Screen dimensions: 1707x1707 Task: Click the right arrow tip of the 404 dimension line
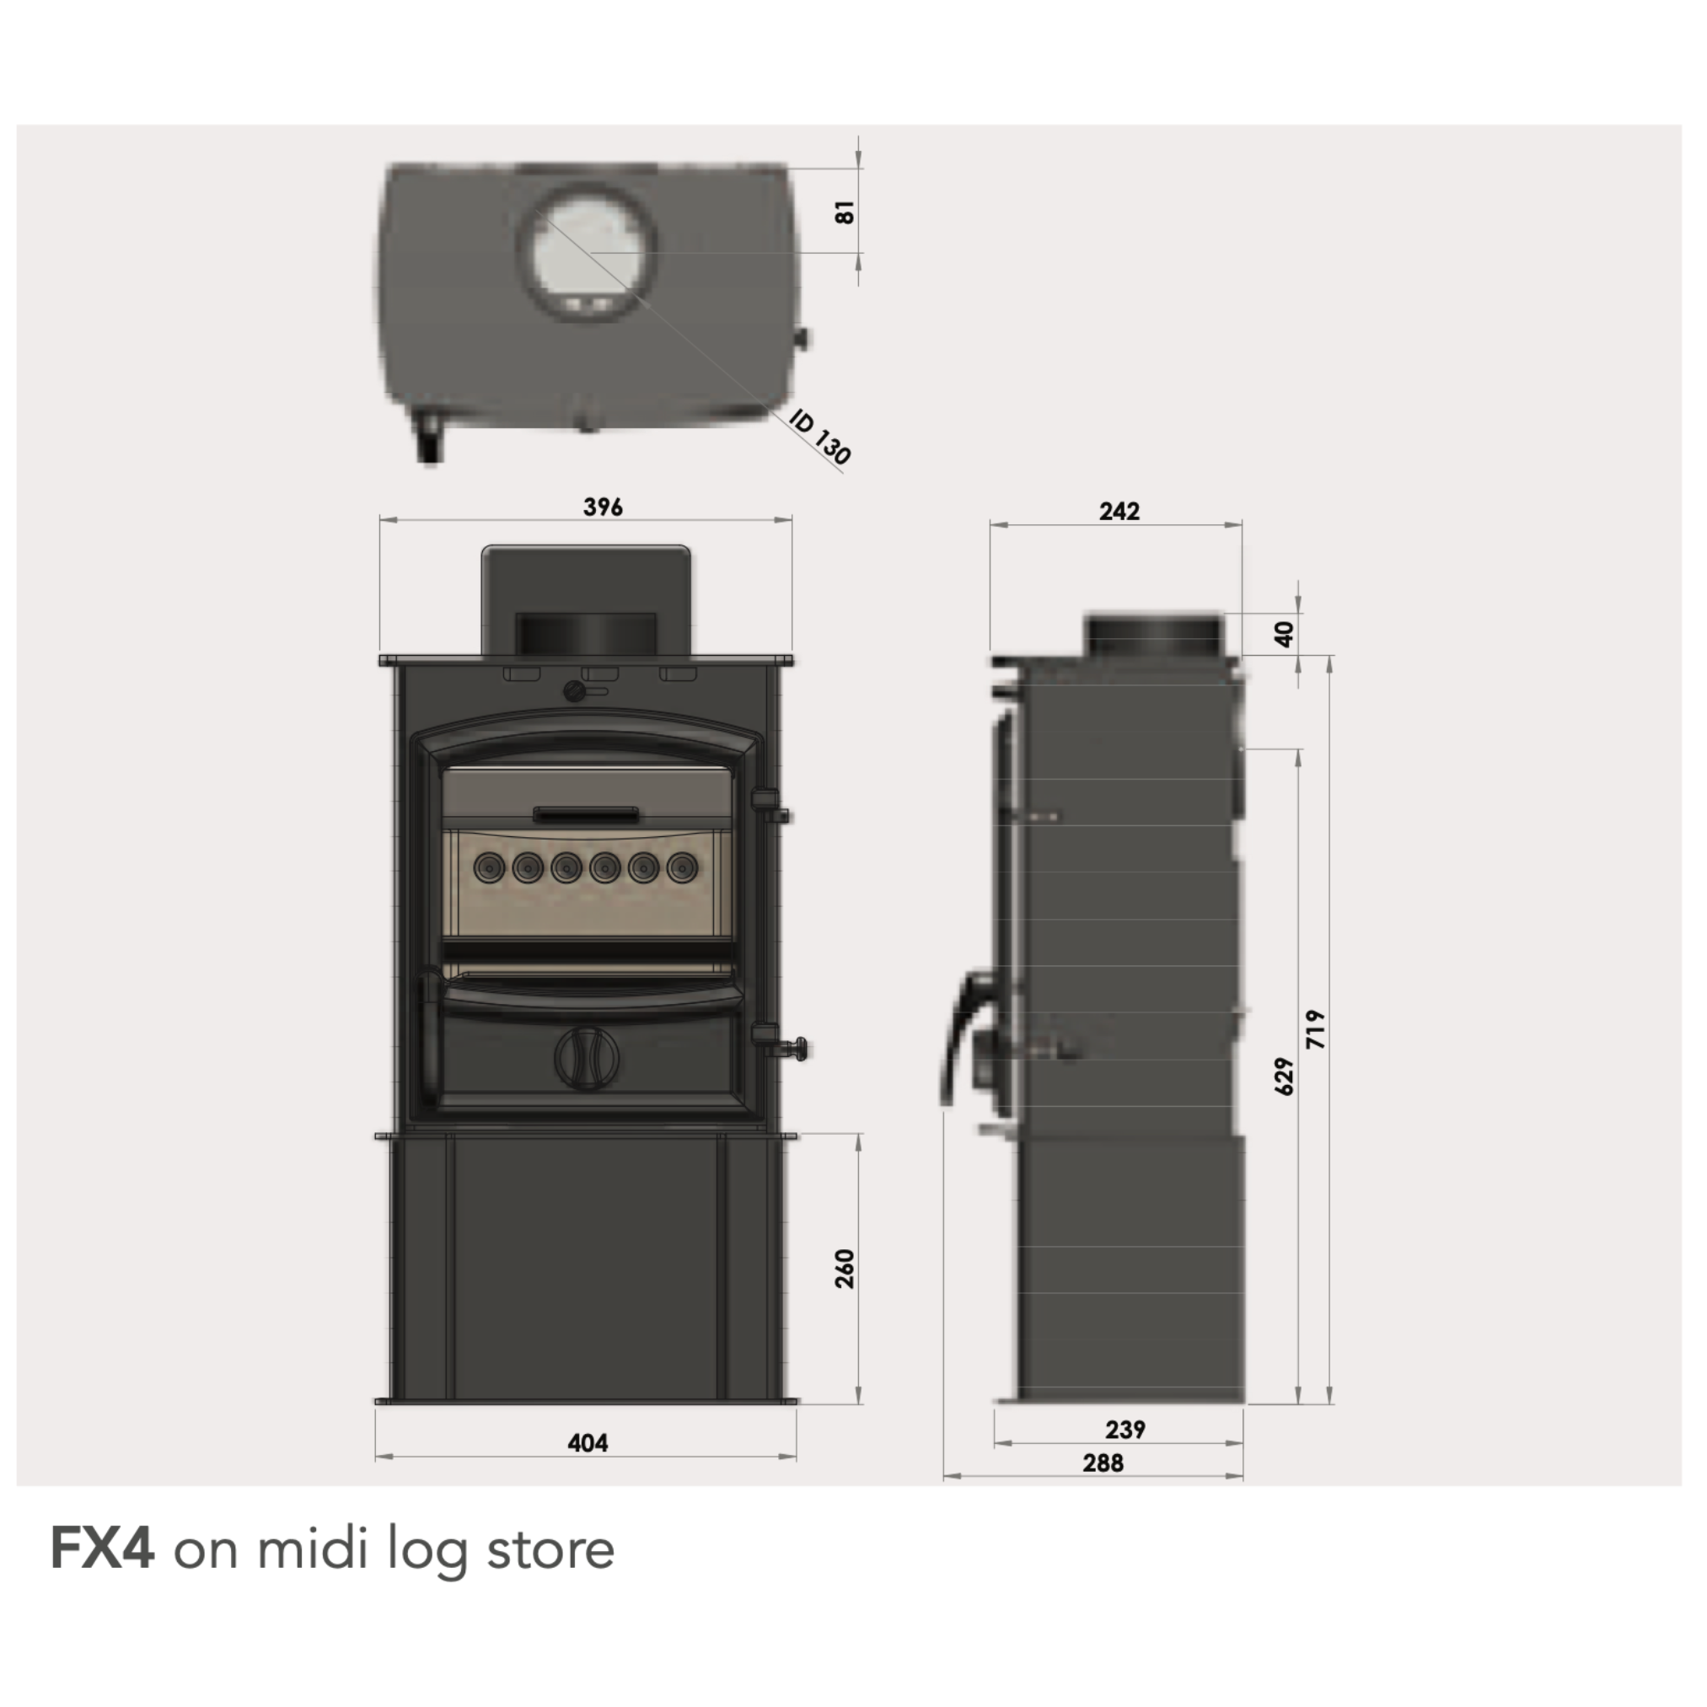click(x=796, y=1456)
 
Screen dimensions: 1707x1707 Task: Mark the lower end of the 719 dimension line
click(x=1330, y=1403)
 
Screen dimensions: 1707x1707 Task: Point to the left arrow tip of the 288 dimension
click(x=944, y=1475)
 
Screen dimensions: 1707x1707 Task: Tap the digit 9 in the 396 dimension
click(x=604, y=507)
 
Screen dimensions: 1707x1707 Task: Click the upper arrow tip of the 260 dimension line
click(x=858, y=1135)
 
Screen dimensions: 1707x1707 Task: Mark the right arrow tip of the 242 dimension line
click(x=1242, y=525)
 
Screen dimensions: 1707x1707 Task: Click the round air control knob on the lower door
click(x=587, y=1058)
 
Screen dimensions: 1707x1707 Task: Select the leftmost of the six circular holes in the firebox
click(x=490, y=867)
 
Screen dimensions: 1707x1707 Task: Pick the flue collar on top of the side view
click(x=1154, y=636)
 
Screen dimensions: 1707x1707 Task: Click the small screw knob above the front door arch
click(x=576, y=690)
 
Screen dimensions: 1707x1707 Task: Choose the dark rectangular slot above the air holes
click(x=585, y=813)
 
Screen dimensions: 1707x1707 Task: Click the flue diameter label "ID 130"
click(x=820, y=437)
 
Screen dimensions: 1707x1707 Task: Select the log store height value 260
click(x=845, y=1269)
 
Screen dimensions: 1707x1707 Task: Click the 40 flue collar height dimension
click(x=1285, y=635)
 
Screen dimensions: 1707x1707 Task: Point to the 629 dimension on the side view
click(x=1285, y=1076)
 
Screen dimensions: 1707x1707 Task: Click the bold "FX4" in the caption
click(x=103, y=1573)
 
